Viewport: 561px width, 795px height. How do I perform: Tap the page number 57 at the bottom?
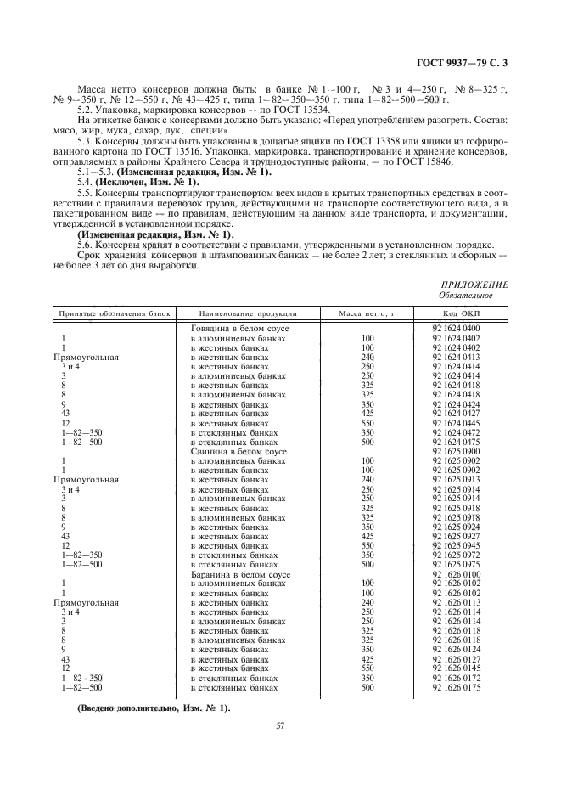(x=279, y=725)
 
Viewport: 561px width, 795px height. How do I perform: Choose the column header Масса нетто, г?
(x=367, y=313)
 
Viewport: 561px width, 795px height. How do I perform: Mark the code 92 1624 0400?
(x=457, y=328)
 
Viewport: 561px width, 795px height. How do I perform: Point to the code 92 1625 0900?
(x=457, y=452)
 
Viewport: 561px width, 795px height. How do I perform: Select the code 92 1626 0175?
(x=457, y=688)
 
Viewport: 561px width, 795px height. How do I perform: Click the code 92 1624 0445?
(x=457, y=423)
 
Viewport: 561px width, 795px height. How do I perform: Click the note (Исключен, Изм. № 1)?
(x=147, y=183)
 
